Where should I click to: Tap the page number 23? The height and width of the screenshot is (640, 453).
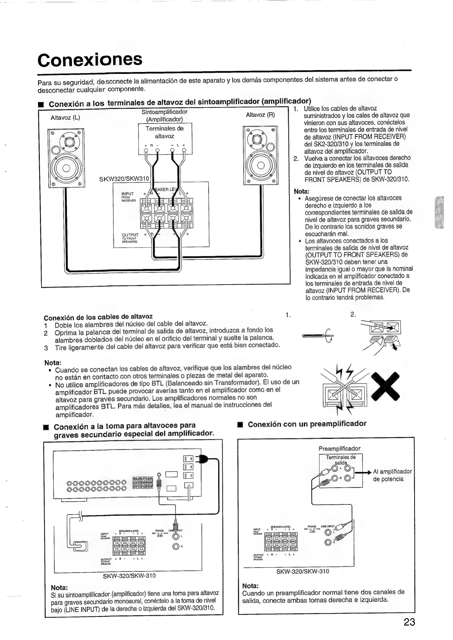(x=409, y=622)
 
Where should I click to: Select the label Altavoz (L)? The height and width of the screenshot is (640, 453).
(x=65, y=118)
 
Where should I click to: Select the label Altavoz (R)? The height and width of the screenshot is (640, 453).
(x=260, y=115)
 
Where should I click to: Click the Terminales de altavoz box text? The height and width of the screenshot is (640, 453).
(x=164, y=132)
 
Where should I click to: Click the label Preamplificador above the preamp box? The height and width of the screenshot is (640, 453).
(x=339, y=448)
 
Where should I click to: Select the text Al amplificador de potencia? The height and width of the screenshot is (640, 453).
(x=392, y=475)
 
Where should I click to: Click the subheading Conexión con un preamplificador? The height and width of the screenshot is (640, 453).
(x=307, y=424)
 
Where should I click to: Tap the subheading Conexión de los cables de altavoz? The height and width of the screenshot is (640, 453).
(x=98, y=317)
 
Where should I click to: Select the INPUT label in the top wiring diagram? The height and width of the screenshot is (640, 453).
(x=128, y=194)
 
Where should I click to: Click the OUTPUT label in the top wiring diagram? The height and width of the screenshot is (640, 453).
(x=130, y=235)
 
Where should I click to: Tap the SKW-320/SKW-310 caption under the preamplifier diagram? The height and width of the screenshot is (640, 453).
(x=303, y=571)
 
